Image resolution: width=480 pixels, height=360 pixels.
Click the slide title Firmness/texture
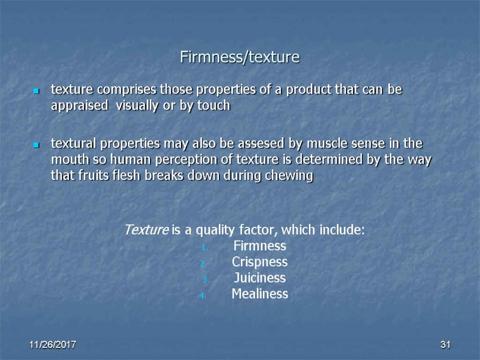[x=240, y=58]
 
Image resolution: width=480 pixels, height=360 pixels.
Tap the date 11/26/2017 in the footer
[x=53, y=345]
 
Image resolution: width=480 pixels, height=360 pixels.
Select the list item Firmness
[x=259, y=246]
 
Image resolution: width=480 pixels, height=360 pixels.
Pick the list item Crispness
[x=260, y=262]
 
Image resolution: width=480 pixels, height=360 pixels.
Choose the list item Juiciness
[x=260, y=278]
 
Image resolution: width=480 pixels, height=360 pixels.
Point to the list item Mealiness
[x=260, y=294]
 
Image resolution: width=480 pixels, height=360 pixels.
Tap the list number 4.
[x=202, y=295]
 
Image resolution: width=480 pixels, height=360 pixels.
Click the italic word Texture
[x=146, y=230]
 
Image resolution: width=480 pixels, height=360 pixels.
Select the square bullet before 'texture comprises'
[x=35, y=90]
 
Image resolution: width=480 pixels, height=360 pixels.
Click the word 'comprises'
[x=124, y=89]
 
